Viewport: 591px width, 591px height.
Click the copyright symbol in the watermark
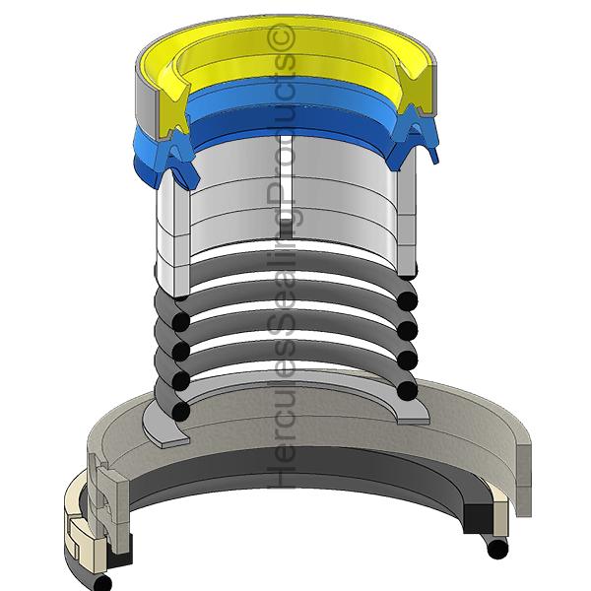tap(281, 37)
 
